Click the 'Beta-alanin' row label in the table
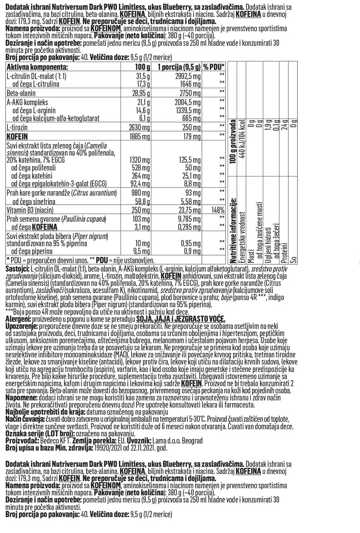click(21, 93)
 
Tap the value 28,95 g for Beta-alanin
click(139, 93)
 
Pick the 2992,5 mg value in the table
click(188, 76)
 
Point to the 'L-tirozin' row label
click(17, 127)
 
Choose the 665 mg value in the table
click(192, 118)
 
